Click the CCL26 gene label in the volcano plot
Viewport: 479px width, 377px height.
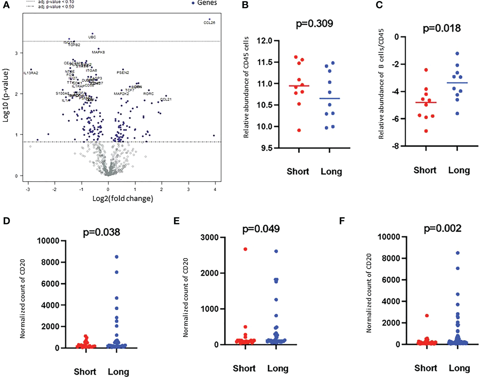[x=209, y=23]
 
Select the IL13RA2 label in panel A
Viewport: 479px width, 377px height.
[x=31, y=73]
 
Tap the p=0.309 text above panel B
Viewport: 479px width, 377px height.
[x=314, y=24]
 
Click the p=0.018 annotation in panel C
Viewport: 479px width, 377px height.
[x=442, y=28]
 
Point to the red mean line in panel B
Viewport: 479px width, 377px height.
[x=299, y=86]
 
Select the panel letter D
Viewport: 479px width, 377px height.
[x=6, y=221]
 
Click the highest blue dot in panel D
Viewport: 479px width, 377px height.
[x=117, y=257]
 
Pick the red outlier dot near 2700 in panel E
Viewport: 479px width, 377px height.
[x=245, y=249]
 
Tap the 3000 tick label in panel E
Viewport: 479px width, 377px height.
[x=210, y=237]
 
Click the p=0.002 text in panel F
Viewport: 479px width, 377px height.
[x=442, y=229]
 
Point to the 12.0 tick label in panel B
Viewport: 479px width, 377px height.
[x=265, y=41]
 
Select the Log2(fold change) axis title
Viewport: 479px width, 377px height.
[x=123, y=198]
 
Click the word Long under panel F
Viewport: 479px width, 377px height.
[x=459, y=368]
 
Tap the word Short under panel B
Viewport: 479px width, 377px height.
[x=298, y=171]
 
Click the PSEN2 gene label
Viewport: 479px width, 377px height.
[x=123, y=73]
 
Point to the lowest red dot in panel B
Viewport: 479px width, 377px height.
[x=299, y=130]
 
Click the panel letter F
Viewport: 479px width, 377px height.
[x=342, y=221]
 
